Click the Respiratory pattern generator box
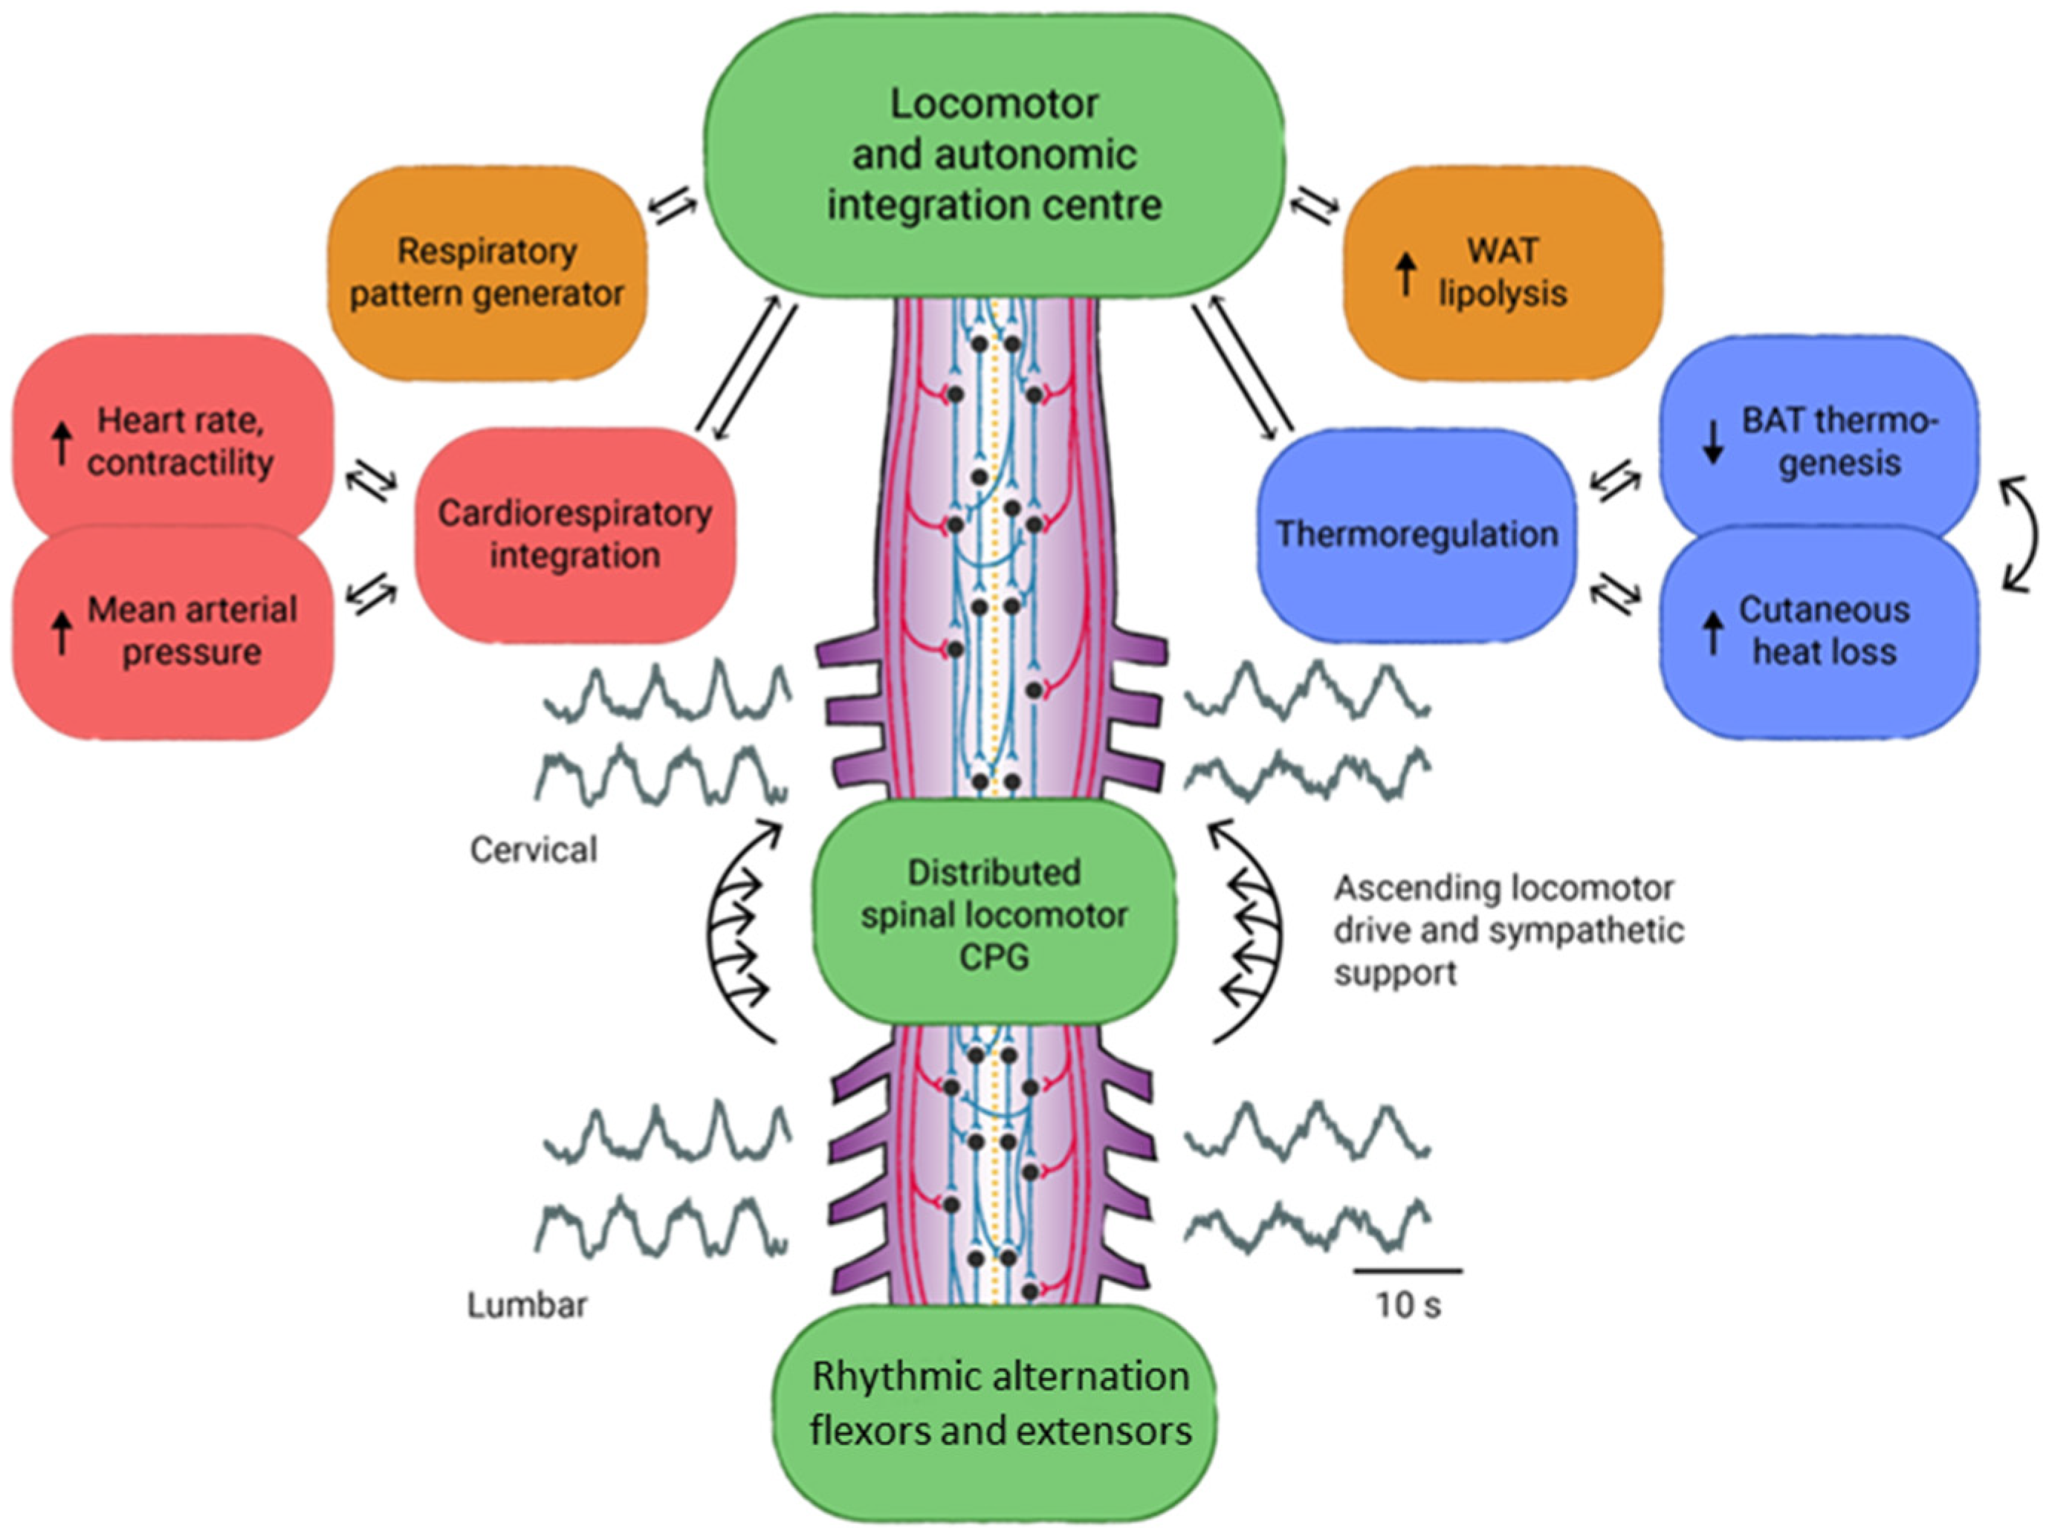coord(488,273)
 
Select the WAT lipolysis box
coord(1503,273)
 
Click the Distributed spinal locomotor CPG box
coord(994,913)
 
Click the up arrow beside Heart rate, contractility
coord(61,443)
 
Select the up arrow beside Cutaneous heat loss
coord(1713,632)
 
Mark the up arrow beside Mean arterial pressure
coord(61,632)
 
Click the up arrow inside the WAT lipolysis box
coord(1406,274)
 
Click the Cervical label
coord(534,849)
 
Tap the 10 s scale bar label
coord(1408,1306)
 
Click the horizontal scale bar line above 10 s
coord(1408,1270)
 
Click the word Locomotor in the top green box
coord(994,104)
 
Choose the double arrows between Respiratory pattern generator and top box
coord(672,208)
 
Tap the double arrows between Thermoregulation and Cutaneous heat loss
coord(1614,592)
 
